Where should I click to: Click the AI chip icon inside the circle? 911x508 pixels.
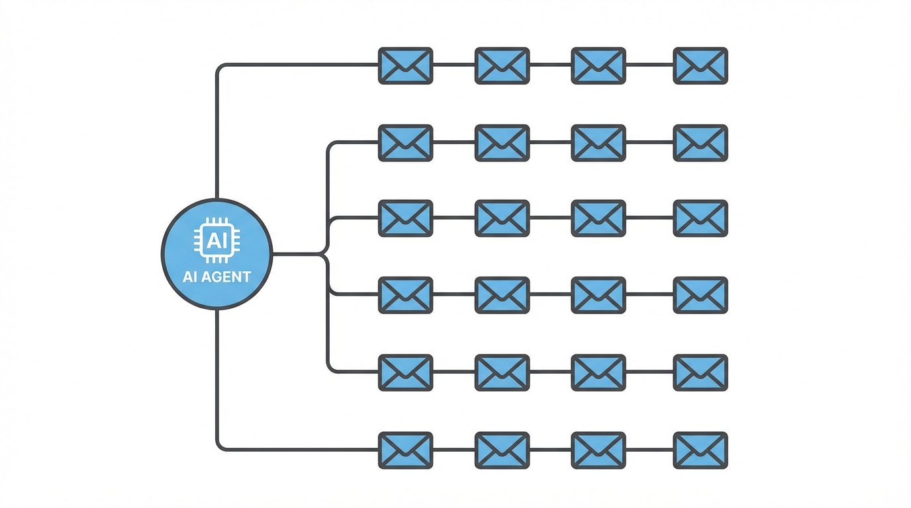point(217,240)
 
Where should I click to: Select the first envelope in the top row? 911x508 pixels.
point(405,65)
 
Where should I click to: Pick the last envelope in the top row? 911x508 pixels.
point(700,65)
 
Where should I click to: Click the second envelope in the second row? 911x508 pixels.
point(502,143)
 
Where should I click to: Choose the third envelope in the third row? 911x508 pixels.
point(599,218)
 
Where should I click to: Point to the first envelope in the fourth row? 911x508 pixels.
point(405,295)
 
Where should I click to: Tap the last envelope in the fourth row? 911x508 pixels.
point(700,295)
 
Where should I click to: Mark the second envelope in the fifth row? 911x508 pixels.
point(502,372)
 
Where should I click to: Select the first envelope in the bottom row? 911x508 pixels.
point(405,450)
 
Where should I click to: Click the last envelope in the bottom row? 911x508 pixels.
point(700,450)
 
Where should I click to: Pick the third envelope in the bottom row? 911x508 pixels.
point(599,450)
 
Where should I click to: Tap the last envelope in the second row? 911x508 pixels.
point(700,143)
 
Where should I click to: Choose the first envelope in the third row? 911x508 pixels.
point(405,218)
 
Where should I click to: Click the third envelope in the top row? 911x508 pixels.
point(599,65)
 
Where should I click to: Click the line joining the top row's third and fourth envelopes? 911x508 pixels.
point(649,65)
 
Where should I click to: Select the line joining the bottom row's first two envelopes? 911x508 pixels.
point(454,450)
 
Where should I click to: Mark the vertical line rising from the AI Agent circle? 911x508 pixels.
point(217,132)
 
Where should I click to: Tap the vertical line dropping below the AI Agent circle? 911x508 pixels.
point(217,377)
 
